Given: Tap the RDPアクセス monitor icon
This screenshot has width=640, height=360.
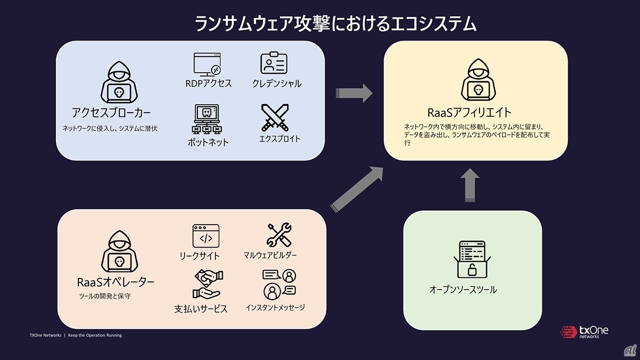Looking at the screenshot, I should (x=206, y=63).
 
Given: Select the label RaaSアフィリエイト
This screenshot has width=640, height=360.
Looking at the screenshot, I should (x=470, y=113).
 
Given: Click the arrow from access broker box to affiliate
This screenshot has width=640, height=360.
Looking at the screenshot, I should (x=354, y=93).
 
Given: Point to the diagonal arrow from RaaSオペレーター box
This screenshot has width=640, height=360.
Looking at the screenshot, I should (x=357, y=189).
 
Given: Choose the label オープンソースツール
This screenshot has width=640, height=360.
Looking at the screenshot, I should (x=463, y=290).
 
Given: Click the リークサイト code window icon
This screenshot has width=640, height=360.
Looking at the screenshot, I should (x=206, y=235).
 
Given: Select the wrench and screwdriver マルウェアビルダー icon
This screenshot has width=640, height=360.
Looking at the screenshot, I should (x=278, y=235).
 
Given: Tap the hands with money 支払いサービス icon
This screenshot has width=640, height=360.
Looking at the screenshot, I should (x=207, y=284).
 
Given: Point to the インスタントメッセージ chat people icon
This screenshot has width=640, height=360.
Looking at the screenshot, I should (x=279, y=284).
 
